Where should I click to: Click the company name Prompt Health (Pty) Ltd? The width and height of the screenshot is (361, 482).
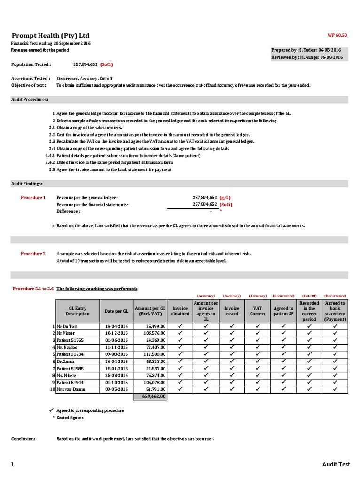click(50, 36)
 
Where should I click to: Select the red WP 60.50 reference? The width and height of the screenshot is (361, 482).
click(337, 35)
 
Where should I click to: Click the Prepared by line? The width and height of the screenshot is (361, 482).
click(306, 50)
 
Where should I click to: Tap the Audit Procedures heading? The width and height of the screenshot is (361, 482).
click(30, 99)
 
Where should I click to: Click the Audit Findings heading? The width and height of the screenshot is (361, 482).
click(27, 183)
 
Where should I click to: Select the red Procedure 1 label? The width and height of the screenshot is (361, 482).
click(33, 198)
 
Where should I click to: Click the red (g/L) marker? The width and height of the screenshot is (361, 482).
click(225, 198)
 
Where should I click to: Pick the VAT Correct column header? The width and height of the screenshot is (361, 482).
click(257, 311)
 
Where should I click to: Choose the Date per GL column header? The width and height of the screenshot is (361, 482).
click(117, 311)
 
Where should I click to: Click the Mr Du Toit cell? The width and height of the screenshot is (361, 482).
click(67, 326)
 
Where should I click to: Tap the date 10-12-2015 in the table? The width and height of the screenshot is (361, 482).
click(117, 333)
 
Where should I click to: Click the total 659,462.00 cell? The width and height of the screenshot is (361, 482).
click(151, 397)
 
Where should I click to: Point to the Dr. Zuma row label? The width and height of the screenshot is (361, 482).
click(66, 361)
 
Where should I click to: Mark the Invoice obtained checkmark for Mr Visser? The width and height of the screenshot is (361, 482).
click(180, 333)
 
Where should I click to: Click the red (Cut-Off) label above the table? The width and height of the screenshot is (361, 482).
click(309, 296)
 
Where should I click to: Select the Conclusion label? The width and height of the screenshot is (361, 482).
click(23, 439)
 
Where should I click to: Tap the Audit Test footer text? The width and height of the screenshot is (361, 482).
click(336, 464)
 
